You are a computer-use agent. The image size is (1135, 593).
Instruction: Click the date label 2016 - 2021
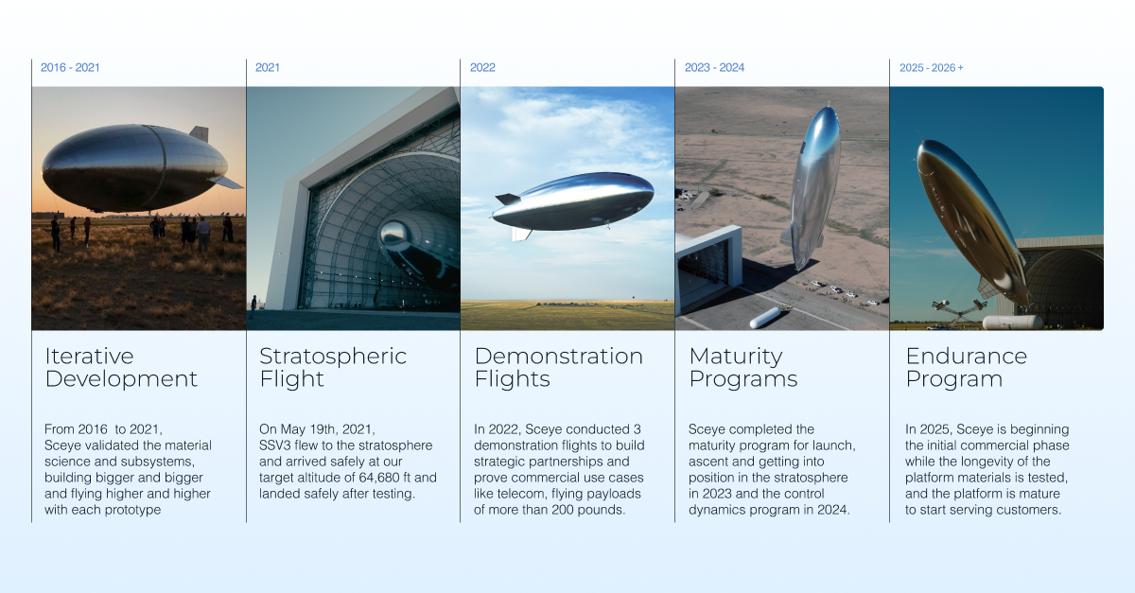click(70, 68)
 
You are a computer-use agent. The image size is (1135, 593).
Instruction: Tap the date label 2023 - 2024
click(714, 68)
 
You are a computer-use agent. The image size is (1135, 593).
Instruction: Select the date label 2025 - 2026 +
click(931, 68)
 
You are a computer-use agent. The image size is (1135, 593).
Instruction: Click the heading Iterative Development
click(121, 368)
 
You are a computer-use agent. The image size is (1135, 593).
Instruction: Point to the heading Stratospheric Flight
click(333, 368)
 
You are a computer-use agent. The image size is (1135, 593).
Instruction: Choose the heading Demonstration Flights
click(558, 368)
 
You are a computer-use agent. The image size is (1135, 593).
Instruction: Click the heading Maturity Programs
click(742, 368)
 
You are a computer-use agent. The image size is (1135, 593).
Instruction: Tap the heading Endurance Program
click(966, 368)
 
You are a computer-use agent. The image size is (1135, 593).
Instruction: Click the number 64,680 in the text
click(382, 478)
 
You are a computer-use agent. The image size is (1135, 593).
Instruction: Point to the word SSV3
click(275, 445)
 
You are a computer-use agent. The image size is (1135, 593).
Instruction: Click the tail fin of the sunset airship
click(199, 133)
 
